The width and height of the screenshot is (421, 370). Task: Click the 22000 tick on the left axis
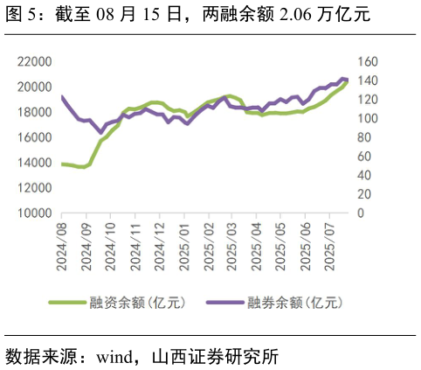click(x=33, y=61)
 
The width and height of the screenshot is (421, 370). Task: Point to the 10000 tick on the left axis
click(x=33, y=213)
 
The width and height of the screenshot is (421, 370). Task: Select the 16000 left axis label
click(x=33, y=137)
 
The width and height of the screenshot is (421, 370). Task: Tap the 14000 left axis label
click(x=33, y=163)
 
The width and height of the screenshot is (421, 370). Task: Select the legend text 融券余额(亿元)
click(x=294, y=303)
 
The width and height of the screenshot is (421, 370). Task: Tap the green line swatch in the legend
click(x=66, y=303)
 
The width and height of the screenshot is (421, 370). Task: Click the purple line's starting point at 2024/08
click(x=61, y=97)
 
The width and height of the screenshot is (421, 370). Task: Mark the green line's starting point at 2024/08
click(x=61, y=164)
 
